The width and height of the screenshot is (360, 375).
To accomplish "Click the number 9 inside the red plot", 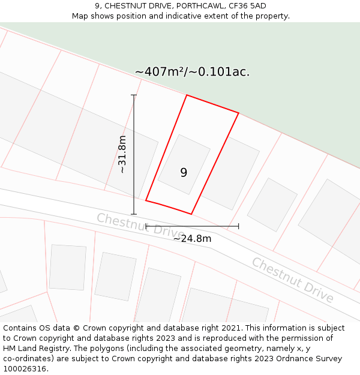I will tap(184, 173).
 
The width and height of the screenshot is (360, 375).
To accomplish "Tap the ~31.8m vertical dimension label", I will tap(122, 154).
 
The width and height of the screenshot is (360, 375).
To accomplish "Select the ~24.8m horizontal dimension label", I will tap(192, 238).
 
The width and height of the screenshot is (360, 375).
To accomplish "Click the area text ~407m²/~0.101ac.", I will tap(192, 72).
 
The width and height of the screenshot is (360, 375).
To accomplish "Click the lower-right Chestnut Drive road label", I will tap(292, 280).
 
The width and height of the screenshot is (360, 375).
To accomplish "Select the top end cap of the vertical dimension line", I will tap(134, 95).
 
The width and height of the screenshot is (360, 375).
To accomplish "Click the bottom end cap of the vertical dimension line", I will tap(134, 214).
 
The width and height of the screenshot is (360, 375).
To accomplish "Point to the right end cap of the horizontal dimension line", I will tap(239, 226).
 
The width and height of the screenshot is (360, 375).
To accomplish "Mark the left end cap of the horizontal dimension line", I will tap(146, 226).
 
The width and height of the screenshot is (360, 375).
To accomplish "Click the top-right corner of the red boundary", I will tap(238, 113).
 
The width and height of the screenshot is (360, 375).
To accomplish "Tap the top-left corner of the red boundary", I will tap(187, 95).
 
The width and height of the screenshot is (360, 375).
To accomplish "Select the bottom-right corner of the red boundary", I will tap(191, 214).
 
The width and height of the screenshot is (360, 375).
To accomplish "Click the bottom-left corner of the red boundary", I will tap(146, 200).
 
